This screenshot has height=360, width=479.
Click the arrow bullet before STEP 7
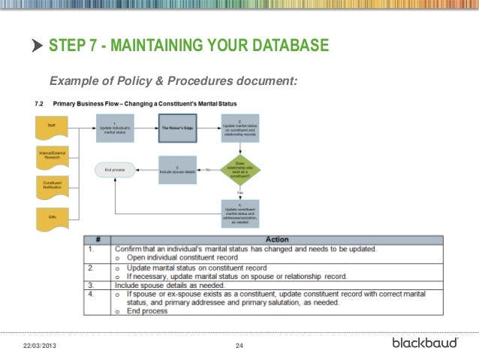[x=38, y=47]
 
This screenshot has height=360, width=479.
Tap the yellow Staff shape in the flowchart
[x=51, y=126]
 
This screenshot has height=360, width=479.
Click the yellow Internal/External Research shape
[x=51, y=156]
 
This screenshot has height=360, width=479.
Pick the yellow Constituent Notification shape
[x=51, y=185]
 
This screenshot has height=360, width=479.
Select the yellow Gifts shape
[x=51, y=216]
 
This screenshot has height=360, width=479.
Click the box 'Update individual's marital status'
[x=114, y=129]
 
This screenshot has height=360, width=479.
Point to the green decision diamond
[x=239, y=170]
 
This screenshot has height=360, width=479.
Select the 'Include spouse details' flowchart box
[x=177, y=170]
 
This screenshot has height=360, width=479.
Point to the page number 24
[x=240, y=345]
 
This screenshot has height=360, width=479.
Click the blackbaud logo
[x=425, y=343]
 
